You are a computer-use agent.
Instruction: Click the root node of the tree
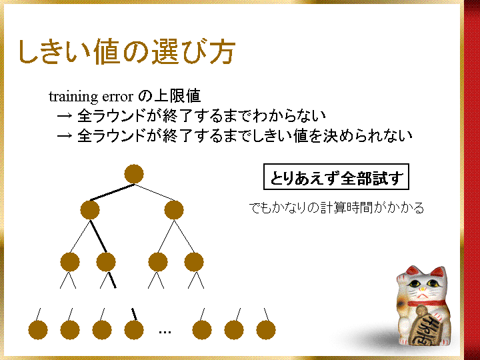coord(134,174)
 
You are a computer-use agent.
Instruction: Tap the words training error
coord(91,97)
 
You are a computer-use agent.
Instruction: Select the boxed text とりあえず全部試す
coord(336,177)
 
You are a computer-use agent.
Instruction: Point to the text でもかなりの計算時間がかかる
coord(337,208)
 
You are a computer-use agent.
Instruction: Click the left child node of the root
coord(90,210)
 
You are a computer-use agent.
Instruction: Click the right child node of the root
coord(174,210)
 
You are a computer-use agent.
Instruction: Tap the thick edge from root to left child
coord(112,192)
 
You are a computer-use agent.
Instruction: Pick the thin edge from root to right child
coord(154,192)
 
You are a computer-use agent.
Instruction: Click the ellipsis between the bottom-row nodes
coord(165,332)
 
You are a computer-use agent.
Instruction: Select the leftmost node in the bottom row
coord(38,330)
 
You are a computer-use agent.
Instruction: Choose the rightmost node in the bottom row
coord(266,330)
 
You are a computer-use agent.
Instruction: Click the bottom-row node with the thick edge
coord(134,330)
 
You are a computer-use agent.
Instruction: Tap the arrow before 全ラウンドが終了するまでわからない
coord(65,116)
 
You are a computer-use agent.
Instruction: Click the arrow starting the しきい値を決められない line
coord(65,135)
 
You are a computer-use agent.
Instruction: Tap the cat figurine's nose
coord(423,289)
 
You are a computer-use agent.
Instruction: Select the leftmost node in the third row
coord(70,262)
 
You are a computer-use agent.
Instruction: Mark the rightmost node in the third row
coord(194,262)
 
